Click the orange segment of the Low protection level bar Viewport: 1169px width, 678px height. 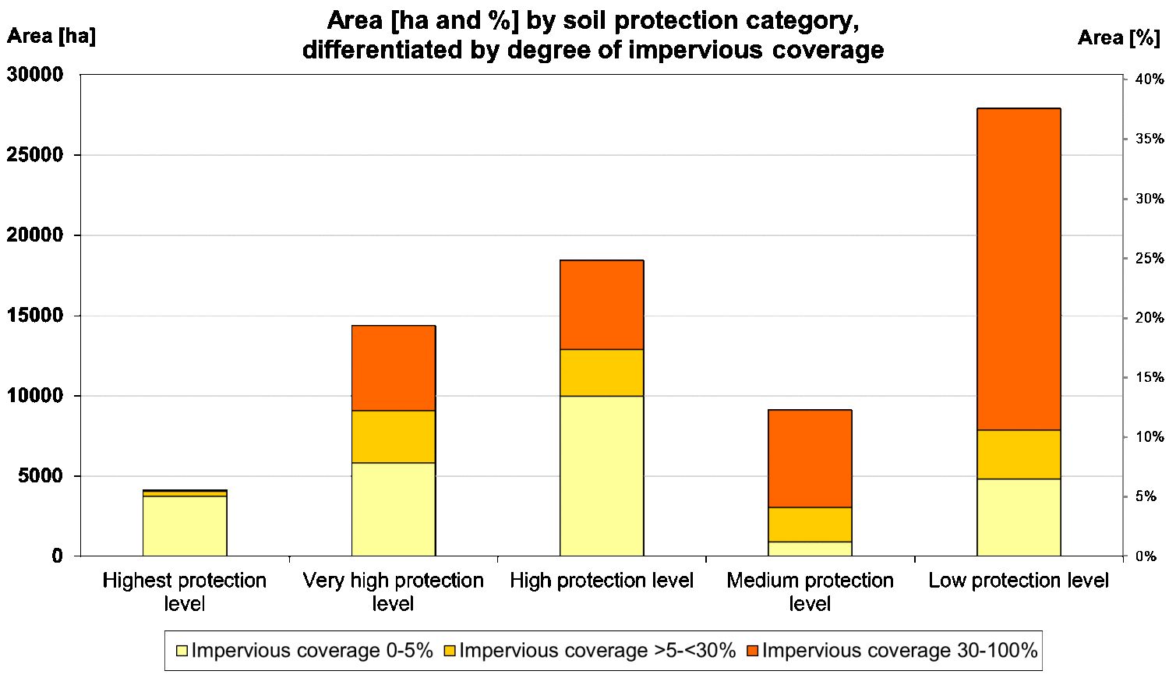tap(1019, 269)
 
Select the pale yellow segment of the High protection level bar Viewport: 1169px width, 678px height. tap(602, 475)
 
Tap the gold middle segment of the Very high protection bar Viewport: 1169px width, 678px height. tap(393, 436)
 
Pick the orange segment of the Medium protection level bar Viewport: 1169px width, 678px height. tap(810, 458)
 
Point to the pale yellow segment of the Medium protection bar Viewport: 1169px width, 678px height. tap(810, 549)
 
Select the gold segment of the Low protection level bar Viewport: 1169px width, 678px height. tap(1019, 454)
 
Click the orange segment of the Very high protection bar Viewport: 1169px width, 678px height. tap(393, 368)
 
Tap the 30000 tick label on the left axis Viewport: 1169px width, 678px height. tap(34, 75)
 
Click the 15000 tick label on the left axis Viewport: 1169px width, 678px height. tap(34, 316)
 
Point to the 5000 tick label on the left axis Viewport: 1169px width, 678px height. tap(40, 476)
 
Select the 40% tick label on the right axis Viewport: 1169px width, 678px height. tap(1150, 79)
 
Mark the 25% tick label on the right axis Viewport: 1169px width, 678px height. tap(1150, 258)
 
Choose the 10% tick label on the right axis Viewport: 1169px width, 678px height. tap(1150, 437)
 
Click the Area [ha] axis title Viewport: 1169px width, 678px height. tap(51, 36)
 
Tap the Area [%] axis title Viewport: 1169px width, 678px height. tap(1118, 37)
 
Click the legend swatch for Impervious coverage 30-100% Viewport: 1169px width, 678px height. tap(753, 651)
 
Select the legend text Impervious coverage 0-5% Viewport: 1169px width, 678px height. tap(312, 651)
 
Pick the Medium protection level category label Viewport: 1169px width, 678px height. tap(810, 591)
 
